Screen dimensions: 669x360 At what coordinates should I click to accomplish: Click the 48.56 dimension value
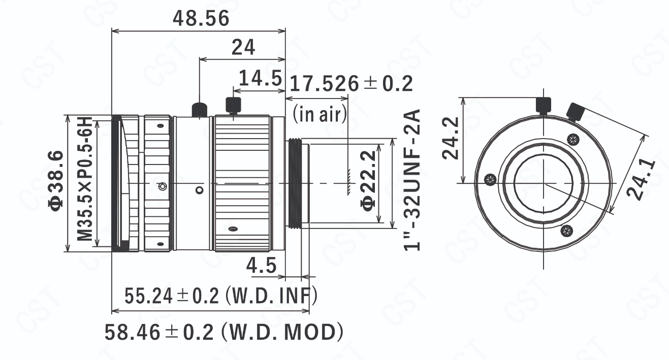point(201,18)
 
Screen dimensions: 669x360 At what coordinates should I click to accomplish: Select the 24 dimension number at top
point(243,47)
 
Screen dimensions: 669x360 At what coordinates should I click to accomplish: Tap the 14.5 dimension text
point(261,78)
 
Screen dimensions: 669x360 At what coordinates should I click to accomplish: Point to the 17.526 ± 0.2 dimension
point(351,84)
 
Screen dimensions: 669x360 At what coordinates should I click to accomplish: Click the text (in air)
point(320,114)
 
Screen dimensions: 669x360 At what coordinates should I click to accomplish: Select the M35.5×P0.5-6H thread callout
point(85,179)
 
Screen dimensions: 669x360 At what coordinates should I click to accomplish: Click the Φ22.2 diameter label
point(368,181)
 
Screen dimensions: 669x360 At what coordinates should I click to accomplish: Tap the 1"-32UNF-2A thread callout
point(412,180)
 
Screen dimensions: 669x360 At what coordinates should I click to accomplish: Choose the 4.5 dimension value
point(261,266)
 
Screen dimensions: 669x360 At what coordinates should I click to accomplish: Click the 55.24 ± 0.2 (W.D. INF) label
point(220,296)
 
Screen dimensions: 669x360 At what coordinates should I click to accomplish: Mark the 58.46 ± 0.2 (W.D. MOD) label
point(224,332)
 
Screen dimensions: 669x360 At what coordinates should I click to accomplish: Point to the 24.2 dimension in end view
point(451,138)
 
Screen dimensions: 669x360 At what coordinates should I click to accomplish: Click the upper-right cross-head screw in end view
point(573,139)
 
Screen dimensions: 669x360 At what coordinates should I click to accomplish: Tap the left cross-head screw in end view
point(490,179)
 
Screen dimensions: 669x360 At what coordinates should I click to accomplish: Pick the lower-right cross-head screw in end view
point(566,231)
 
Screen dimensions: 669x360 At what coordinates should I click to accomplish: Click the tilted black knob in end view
point(576,112)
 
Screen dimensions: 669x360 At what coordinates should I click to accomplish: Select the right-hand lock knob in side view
point(233,105)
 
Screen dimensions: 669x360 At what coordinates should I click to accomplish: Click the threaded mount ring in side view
point(295,183)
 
